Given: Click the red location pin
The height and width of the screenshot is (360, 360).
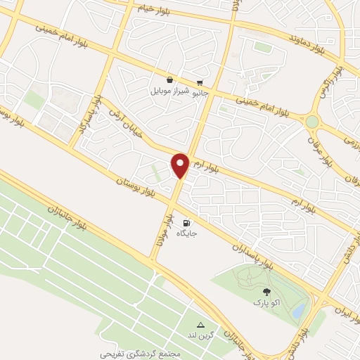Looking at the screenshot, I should pos(181,165).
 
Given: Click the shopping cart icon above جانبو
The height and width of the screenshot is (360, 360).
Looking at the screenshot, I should pos(200,81).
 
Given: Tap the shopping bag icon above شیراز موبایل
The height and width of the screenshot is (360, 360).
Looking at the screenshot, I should pos(170,81).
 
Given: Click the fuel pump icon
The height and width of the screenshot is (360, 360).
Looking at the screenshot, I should pos(186,222).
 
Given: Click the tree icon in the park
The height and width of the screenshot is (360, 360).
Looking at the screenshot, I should pos(266,291).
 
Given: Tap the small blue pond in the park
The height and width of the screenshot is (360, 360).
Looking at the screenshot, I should pos(298,309).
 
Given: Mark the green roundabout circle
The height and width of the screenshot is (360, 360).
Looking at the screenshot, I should pos(312,122).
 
